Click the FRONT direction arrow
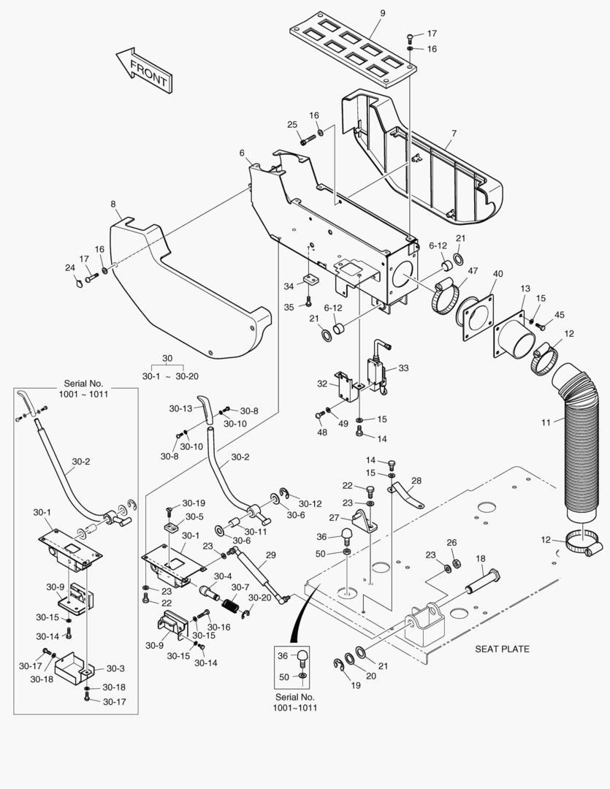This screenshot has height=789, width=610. [143, 69]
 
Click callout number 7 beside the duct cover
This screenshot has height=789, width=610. [454, 134]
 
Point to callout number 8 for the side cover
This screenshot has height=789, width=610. [113, 204]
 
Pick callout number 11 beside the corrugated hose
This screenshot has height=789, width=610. [547, 422]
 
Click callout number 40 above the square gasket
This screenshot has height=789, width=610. [497, 274]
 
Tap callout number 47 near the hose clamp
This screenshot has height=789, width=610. [473, 271]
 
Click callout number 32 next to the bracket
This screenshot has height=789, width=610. [322, 384]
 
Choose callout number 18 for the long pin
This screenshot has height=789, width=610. [481, 558]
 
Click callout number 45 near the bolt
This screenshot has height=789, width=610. [560, 315]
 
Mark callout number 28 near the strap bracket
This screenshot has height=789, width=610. [416, 480]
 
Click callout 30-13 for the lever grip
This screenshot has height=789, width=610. [180, 408]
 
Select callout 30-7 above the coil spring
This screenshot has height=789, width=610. [240, 587]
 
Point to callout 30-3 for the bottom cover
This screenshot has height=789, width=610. [115, 668]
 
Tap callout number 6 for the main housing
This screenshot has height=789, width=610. [241, 153]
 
